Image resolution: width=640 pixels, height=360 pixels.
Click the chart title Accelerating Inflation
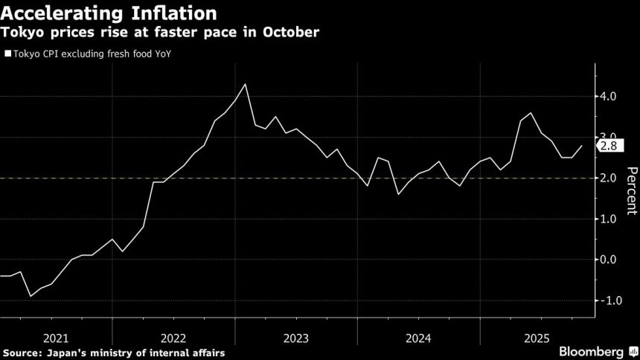point(109,13)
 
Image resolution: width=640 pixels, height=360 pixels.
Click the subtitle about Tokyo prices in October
point(160,33)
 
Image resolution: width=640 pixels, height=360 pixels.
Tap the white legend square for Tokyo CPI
point(7,54)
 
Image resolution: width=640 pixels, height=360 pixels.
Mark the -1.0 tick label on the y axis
point(612,300)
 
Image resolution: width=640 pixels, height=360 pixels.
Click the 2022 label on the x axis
point(173,337)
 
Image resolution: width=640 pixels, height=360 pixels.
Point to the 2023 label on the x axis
point(295,337)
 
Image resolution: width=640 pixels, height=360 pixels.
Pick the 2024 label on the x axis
point(418,337)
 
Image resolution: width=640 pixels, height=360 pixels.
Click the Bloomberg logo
point(592,351)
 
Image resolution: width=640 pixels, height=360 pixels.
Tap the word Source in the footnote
point(22,352)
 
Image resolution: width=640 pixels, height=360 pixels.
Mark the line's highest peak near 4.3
point(246,84)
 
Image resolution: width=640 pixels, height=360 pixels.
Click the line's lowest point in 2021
point(31,296)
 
